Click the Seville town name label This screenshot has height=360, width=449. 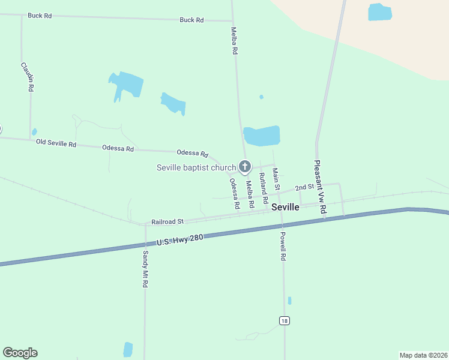tap(285, 207)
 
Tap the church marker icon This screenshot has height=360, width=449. tap(245, 166)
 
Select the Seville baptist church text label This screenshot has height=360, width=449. tap(196, 167)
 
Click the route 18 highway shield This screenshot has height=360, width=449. tap(285, 321)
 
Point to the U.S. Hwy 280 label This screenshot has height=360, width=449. tap(180, 240)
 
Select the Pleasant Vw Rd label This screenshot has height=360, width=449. tap(320, 187)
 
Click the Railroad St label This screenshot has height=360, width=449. tap(167, 221)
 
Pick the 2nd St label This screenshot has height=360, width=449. tap(305, 187)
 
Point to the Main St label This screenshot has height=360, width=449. tap(276, 179)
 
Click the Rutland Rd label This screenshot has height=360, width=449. tap(262, 187)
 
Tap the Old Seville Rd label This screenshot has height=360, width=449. tap(56, 143)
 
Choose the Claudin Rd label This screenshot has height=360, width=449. tap(27, 76)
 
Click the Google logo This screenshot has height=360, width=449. tap(20, 353)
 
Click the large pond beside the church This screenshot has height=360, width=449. tap(262, 136)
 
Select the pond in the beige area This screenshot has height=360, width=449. tap(379, 12)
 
